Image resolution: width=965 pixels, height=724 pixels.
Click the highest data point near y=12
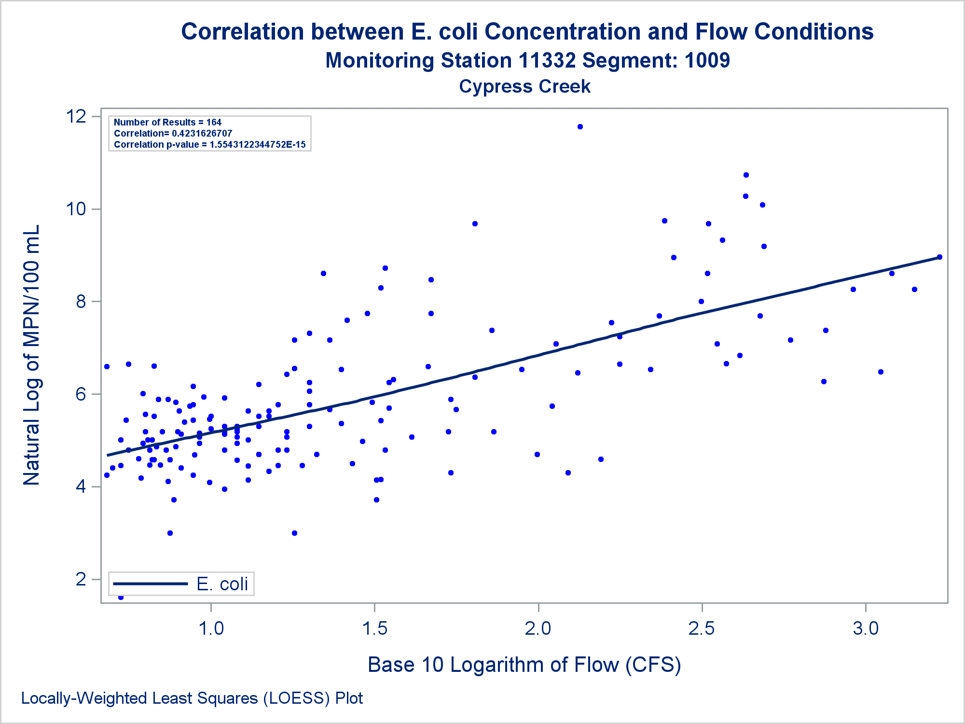point(580,127)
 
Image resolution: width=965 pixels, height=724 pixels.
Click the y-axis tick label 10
point(76,209)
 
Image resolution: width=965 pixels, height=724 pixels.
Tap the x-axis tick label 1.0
point(211,628)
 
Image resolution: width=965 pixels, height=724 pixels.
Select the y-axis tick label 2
point(81,579)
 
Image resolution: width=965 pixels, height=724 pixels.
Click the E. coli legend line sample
point(150,584)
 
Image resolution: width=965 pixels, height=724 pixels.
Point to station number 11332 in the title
point(547,61)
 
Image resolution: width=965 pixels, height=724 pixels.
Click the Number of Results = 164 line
point(167,123)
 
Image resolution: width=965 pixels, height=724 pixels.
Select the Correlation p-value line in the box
point(209,145)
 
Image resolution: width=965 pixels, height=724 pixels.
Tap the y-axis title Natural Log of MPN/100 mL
point(32,355)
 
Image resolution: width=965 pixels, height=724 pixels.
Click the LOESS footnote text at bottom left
point(192,698)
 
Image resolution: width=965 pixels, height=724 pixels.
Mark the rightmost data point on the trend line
point(939,257)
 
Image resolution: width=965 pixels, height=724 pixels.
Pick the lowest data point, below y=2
point(121,598)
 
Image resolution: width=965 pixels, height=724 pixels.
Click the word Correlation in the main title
point(243,32)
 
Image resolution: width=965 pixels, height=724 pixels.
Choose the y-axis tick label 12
point(76,116)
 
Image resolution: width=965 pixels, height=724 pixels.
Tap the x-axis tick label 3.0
point(866,628)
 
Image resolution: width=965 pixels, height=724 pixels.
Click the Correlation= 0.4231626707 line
point(173,134)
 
